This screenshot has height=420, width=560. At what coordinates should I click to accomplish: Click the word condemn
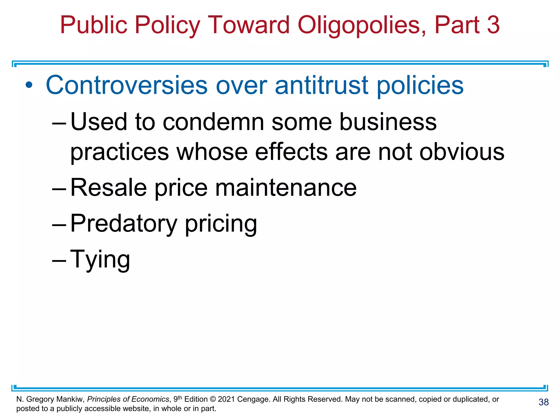coord(213,122)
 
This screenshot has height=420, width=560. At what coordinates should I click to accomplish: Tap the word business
coord(388,122)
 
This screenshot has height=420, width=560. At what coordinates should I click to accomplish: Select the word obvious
coord(462,152)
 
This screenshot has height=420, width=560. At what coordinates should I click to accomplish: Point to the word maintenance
coord(286,188)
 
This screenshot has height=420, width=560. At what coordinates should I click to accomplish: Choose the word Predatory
coord(124,224)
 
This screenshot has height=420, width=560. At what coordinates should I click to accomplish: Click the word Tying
coord(100,259)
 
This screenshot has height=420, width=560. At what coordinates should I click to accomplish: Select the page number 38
coord(544,402)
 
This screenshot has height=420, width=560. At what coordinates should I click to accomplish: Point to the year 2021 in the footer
coord(226,399)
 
